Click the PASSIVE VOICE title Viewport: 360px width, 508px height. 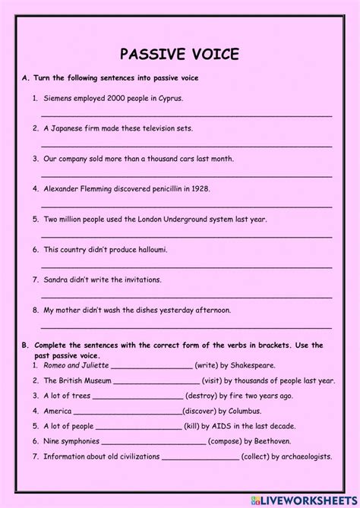tap(180, 54)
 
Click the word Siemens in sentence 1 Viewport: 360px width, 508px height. tap(59, 99)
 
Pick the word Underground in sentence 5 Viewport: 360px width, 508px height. tap(187, 219)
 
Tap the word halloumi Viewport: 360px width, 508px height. tap(151, 249)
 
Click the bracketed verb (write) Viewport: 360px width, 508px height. tap(208, 365)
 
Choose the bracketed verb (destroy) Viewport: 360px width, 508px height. tap(205, 396)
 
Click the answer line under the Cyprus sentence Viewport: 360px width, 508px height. tap(186, 114)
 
